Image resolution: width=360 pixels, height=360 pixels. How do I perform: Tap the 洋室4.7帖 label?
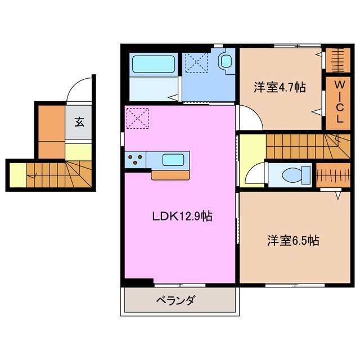pyautogui.click(x=279, y=87)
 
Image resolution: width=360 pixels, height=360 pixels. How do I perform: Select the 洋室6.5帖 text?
pyautogui.click(x=292, y=241)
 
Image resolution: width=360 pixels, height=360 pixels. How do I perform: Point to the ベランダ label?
pyautogui.click(x=175, y=300)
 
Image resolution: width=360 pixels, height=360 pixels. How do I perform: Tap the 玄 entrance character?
pyautogui.click(x=80, y=121)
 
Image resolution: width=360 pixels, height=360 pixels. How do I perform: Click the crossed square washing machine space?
pyautogui.click(x=196, y=62)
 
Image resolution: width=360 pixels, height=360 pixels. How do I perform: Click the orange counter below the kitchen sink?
pyautogui.click(x=170, y=175)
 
